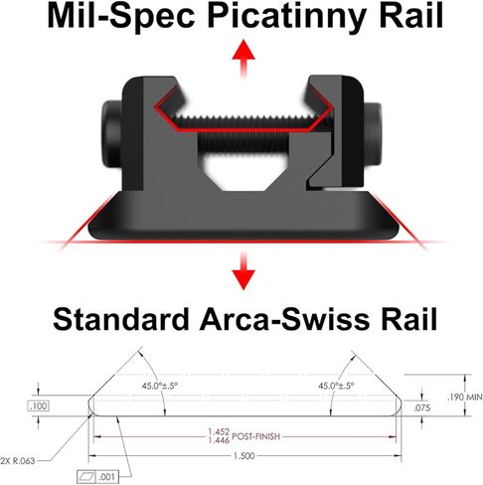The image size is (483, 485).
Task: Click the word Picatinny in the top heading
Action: click(285, 16)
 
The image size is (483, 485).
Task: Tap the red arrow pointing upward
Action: click(243, 59)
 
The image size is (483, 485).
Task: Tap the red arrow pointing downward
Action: click(243, 270)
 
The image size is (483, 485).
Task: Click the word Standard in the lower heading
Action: click(120, 319)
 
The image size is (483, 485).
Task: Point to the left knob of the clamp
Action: click(111, 134)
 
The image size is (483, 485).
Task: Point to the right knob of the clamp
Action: click(373, 133)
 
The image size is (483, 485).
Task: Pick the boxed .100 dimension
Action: click(39, 405)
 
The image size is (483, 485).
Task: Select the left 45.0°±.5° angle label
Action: click(160, 386)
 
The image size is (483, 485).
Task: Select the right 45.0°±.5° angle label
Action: click(336, 386)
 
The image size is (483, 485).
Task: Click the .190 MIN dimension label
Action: click(465, 397)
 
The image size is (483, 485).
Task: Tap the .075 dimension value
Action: click(421, 407)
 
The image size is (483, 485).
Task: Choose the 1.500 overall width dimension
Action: click(244, 456)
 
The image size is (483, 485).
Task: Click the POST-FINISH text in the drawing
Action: click(256, 436)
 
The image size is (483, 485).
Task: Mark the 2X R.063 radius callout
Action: click(18, 461)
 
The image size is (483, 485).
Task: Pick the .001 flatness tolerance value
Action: click(106, 477)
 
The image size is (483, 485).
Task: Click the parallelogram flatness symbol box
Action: click(86, 477)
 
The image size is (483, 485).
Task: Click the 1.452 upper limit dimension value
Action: click(219, 432)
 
